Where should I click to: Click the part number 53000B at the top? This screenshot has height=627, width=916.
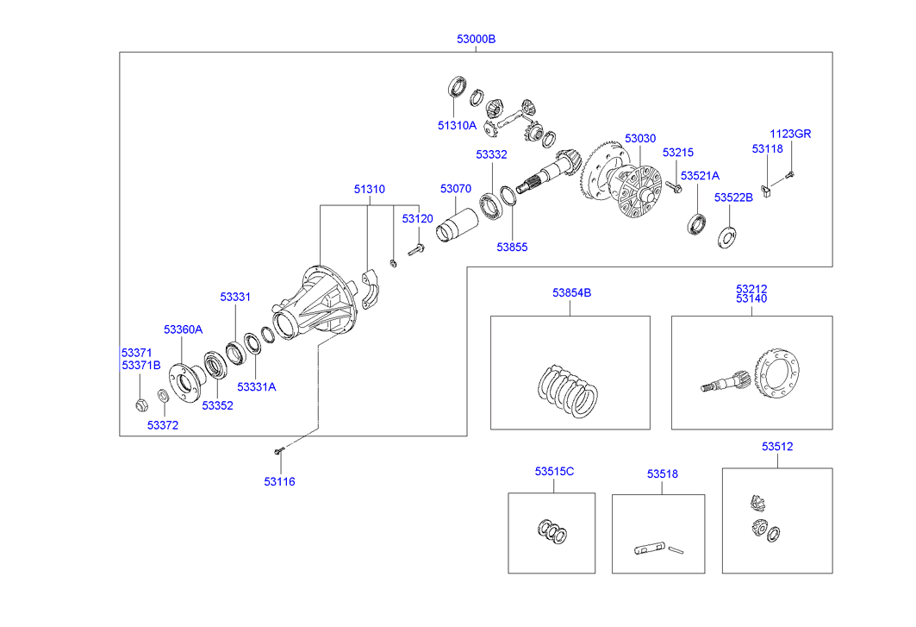click(476, 39)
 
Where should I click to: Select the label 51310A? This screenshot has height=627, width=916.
click(457, 125)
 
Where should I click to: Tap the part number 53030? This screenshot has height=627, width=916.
click(640, 138)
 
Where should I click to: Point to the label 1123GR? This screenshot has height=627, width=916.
click(790, 134)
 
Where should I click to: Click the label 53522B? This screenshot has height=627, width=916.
click(733, 198)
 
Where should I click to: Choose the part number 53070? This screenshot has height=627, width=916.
click(456, 189)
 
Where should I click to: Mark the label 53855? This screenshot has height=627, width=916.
click(512, 247)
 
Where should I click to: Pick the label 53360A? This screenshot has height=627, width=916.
click(184, 329)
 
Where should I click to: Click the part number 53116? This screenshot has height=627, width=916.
click(279, 481)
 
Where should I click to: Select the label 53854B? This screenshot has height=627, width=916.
click(572, 293)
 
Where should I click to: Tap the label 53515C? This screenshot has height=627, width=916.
click(554, 471)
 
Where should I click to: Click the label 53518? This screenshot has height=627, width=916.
click(663, 473)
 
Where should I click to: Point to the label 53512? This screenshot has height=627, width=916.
click(777, 447)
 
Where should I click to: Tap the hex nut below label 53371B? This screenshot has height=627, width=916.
click(140, 403)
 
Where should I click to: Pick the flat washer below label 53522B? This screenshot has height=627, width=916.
click(727, 234)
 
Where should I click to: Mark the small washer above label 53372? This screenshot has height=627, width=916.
click(162, 398)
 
